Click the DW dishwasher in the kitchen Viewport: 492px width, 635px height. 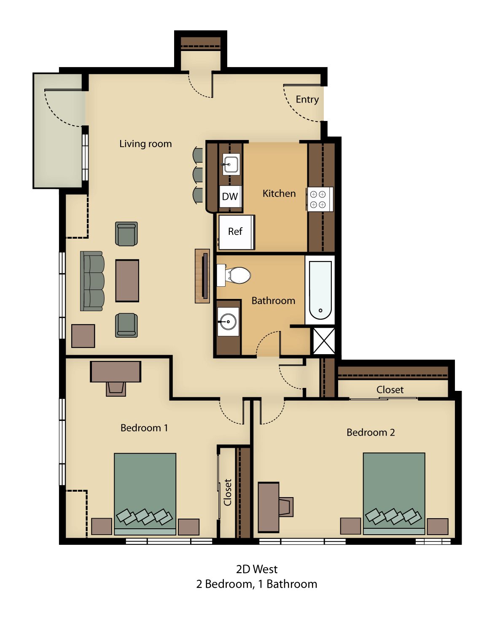pyautogui.click(x=230, y=196)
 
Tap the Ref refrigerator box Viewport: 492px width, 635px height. pyautogui.click(x=236, y=232)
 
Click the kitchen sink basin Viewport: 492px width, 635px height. pyautogui.click(x=231, y=164)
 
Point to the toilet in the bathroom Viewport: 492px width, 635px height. pyautogui.click(x=234, y=275)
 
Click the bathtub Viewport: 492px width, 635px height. pyautogui.click(x=320, y=290)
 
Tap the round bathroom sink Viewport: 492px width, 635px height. pyautogui.click(x=228, y=321)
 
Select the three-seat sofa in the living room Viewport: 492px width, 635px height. pyautogui.click(x=92, y=281)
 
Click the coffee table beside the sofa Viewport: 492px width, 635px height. pyautogui.click(x=127, y=280)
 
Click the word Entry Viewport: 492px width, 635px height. pyautogui.click(x=307, y=100)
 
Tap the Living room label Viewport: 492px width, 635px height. pyautogui.click(x=145, y=143)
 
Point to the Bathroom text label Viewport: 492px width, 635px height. pyautogui.click(x=273, y=301)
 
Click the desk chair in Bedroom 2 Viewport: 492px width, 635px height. pyautogui.click(x=285, y=506)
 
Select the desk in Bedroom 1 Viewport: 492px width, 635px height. pyautogui.click(x=116, y=371)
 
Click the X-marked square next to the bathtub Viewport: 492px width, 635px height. pyautogui.click(x=324, y=341)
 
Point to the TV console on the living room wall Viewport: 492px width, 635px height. pyautogui.click(x=202, y=276)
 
